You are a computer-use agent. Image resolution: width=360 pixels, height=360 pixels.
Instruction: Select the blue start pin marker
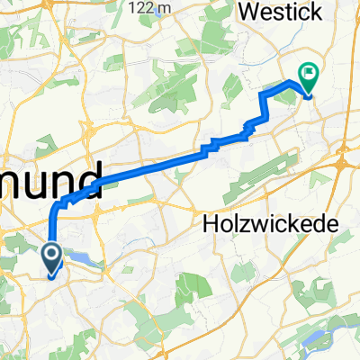tap(50, 260)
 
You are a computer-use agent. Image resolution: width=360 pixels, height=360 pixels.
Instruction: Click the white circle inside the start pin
tap(50, 256)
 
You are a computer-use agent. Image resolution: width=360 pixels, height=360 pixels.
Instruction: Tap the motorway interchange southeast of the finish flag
tap(343, 165)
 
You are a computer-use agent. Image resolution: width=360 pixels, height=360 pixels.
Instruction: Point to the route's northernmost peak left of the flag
tap(290, 82)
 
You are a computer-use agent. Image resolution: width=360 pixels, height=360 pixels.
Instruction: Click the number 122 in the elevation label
tap(141, 7)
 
